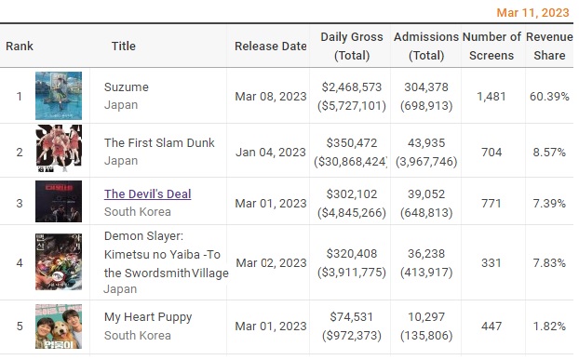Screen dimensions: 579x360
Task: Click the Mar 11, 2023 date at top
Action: (x=532, y=12)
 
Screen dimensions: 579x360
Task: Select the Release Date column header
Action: (x=271, y=47)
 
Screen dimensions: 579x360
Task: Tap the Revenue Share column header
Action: (x=549, y=47)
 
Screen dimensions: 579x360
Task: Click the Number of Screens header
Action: (x=491, y=47)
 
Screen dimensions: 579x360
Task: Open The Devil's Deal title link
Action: (x=147, y=194)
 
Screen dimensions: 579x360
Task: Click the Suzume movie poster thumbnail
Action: (x=59, y=96)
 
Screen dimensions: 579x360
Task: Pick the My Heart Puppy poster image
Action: (x=59, y=327)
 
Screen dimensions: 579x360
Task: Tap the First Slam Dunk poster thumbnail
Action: (x=59, y=148)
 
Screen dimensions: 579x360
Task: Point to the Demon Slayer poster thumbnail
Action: (x=59, y=262)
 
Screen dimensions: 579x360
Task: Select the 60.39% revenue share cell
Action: (x=549, y=97)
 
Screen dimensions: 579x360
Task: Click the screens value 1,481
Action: (x=491, y=97)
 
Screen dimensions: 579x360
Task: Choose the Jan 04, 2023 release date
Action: (x=271, y=153)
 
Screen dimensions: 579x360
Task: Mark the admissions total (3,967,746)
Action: (x=426, y=162)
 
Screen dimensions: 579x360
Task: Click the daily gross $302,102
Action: (x=352, y=194)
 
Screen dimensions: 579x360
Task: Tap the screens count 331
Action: (x=491, y=263)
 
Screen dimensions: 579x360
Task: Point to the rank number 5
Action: (x=20, y=327)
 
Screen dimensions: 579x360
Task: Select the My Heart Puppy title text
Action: (x=148, y=317)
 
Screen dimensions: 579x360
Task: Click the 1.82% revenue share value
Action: (x=549, y=327)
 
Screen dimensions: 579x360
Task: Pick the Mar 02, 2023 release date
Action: (x=271, y=263)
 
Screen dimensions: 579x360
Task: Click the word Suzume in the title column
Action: (x=127, y=87)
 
